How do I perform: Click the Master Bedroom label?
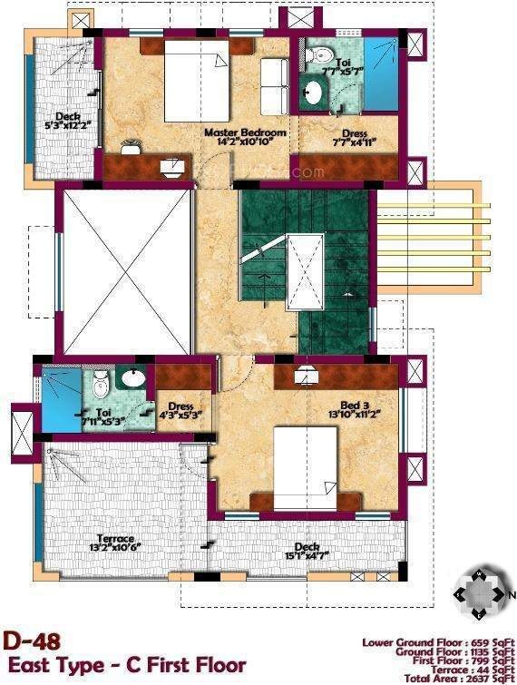245,132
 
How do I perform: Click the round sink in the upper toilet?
313,93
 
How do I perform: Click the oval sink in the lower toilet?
135,379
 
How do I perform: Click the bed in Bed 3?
306,461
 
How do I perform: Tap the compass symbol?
483,594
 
